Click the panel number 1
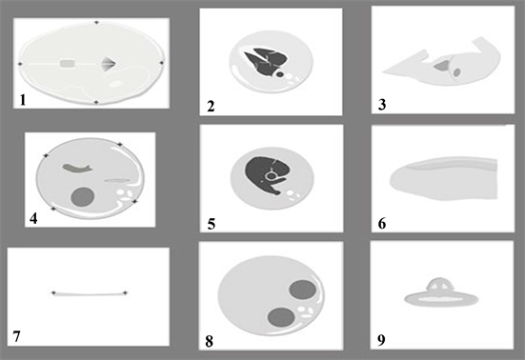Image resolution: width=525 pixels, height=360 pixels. point(23,100)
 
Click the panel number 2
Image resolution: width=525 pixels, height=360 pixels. point(211,107)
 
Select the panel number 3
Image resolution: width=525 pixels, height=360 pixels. point(382,105)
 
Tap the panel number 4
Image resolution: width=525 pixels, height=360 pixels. point(33,218)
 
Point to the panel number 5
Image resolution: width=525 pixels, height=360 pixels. point(211,224)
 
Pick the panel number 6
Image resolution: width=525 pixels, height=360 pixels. point(382,224)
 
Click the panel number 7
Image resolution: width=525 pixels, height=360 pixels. point(17,336)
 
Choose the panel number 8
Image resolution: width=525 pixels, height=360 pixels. point(210,342)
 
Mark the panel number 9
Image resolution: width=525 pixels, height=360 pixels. point(381,340)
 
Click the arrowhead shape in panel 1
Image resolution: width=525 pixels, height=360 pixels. point(110,63)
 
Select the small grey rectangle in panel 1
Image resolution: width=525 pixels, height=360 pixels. point(68,63)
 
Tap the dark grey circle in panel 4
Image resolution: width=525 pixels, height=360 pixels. point(82,197)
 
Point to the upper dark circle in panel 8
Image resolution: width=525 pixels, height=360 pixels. point(303,290)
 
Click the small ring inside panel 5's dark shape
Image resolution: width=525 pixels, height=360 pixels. point(270,175)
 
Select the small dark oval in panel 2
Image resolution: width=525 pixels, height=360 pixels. point(279,74)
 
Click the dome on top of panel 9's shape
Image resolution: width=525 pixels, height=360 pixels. point(439,285)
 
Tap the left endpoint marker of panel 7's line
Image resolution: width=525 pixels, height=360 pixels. point(53,293)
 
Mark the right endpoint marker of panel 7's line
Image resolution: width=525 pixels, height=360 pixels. point(125,293)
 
